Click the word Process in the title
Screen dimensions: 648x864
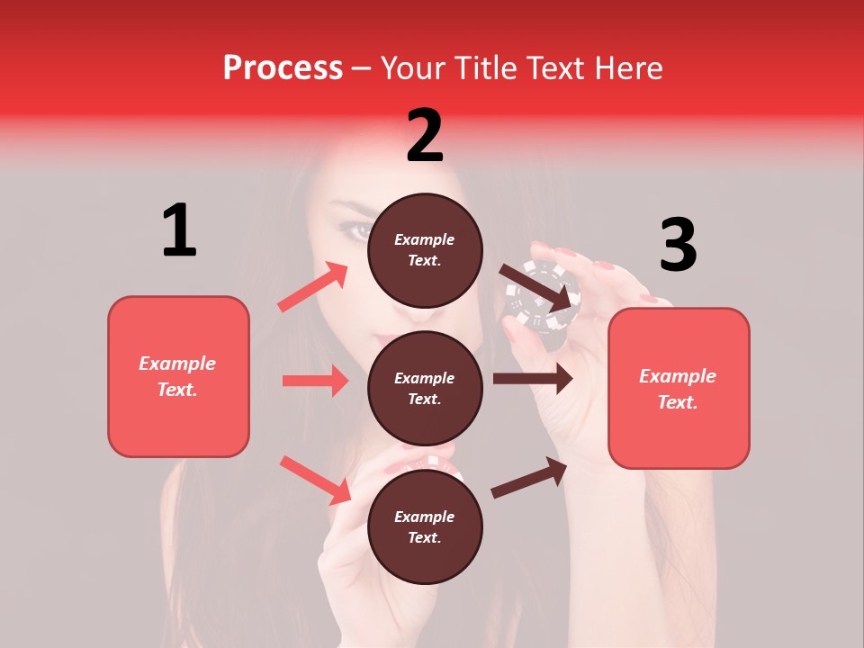(283, 68)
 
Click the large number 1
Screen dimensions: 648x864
(179, 230)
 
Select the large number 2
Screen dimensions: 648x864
(425, 136)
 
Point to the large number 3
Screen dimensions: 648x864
(678, 245)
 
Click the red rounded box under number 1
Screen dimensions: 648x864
(178, 376)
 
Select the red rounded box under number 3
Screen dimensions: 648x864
(679, 388)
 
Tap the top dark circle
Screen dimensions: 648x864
(425, 250)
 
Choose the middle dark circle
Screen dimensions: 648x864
(425, 388)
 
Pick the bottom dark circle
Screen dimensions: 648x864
(425, 526)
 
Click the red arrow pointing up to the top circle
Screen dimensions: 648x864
(313, 287)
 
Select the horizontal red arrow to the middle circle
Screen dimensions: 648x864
(315, 381)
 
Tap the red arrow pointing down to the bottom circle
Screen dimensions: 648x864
(315, 480)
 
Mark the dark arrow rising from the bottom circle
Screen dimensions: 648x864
(529, 478)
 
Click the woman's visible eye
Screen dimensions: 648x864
(358, 231)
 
